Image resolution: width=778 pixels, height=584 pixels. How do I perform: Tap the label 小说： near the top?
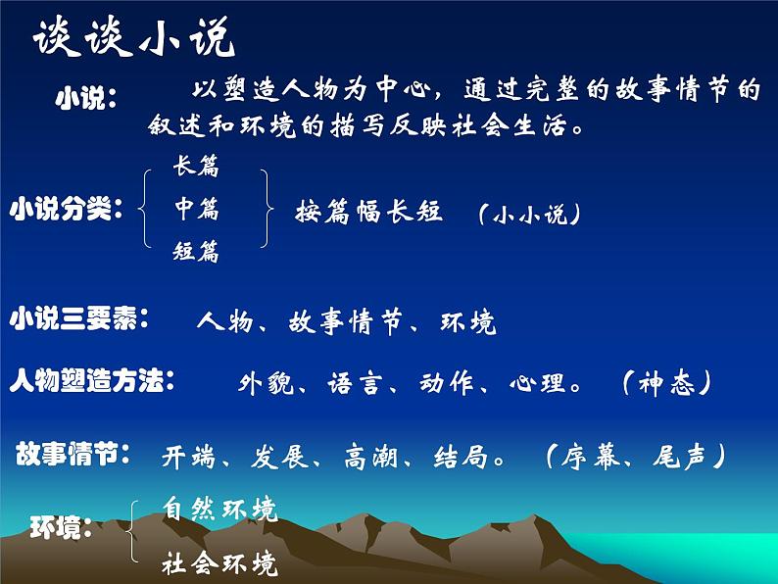tap(86, 99)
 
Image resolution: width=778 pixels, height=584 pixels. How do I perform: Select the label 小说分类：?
tap(68, 208)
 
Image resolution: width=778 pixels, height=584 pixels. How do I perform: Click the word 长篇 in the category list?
tap(196, 168)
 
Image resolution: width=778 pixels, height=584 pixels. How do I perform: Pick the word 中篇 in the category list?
tap(196, 209)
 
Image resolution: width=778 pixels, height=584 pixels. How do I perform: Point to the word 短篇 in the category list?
tap(196, 252)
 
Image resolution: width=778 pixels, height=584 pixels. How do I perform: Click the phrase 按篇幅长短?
tap(369, 211)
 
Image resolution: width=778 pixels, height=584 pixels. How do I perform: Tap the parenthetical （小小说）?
tap(529, 214)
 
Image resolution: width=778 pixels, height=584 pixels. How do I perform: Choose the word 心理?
tap(538, 383)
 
